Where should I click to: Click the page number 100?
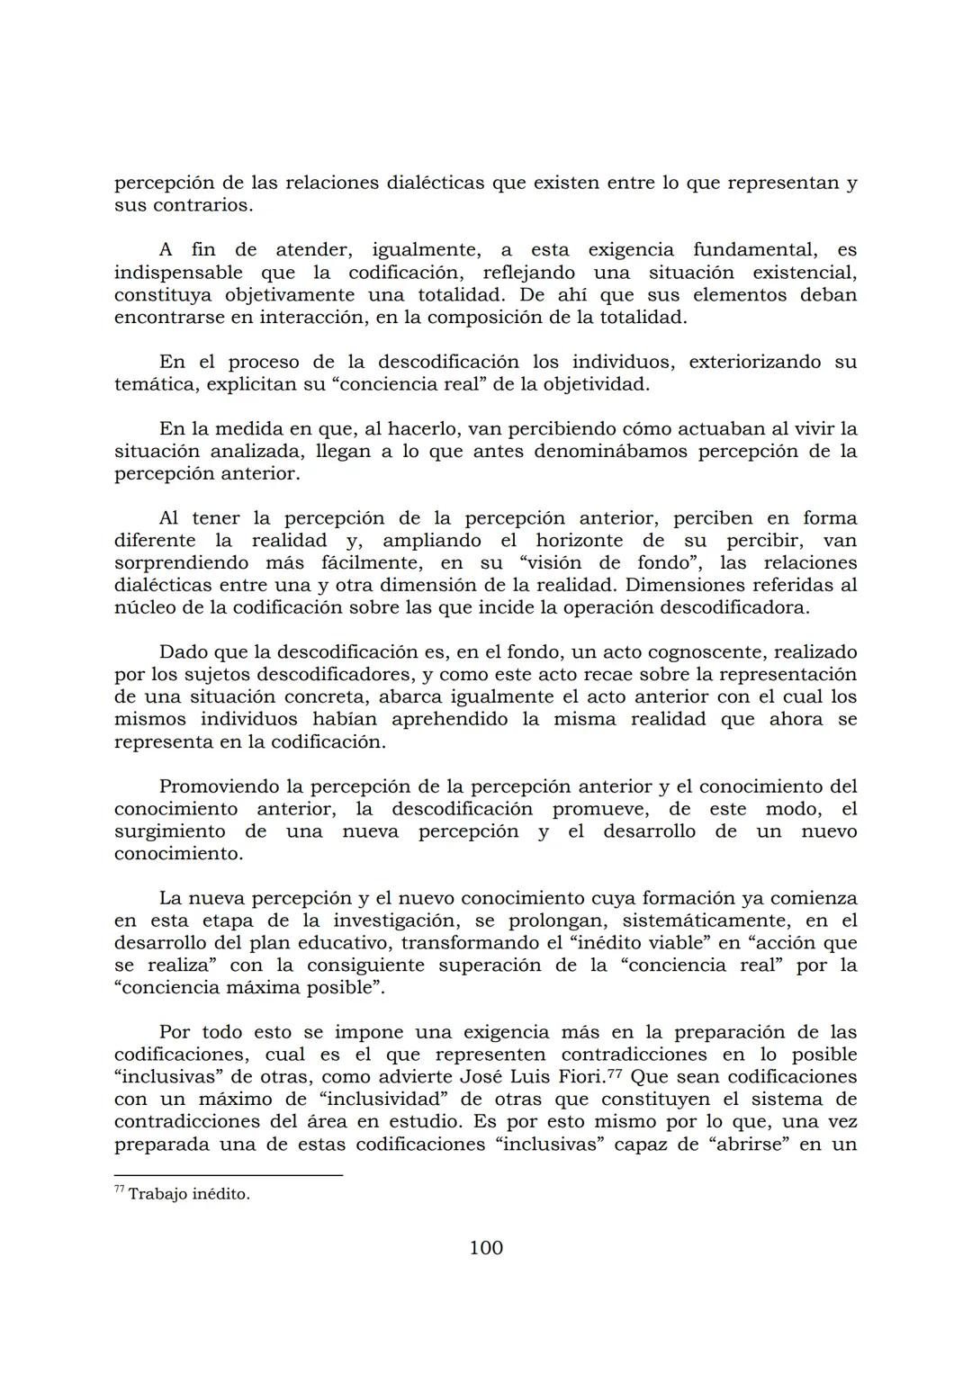(x=486, y=1248)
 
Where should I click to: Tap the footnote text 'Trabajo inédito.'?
(x=189, y=1195)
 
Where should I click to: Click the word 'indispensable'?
(x=178, y=273)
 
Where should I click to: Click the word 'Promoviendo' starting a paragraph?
(x=216, y=786)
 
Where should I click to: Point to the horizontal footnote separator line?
(x=229, y=1175)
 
